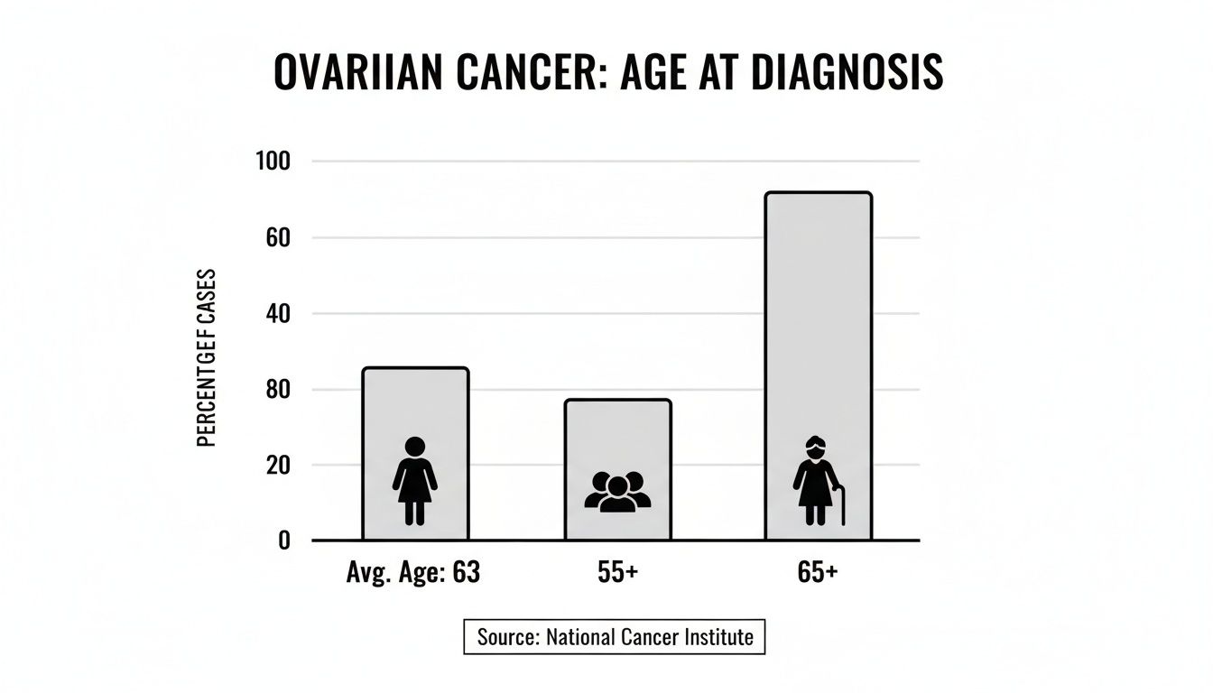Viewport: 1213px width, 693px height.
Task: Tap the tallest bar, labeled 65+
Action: pos(818,316)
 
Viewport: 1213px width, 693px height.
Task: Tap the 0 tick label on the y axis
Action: pos(283,541)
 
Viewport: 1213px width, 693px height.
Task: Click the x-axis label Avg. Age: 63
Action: pos(413,573)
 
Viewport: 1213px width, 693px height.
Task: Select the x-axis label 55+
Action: pos(617,573)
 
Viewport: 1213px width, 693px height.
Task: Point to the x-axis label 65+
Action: pos(818,573)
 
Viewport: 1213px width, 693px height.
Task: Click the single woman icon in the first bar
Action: pos(415,481)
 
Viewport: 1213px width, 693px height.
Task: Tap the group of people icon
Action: pos(617,492)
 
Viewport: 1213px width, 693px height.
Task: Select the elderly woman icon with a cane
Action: pos(815,481)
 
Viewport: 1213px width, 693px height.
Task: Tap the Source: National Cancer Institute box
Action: pos(615,637)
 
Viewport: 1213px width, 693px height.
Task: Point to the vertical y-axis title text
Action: pos(206,357)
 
